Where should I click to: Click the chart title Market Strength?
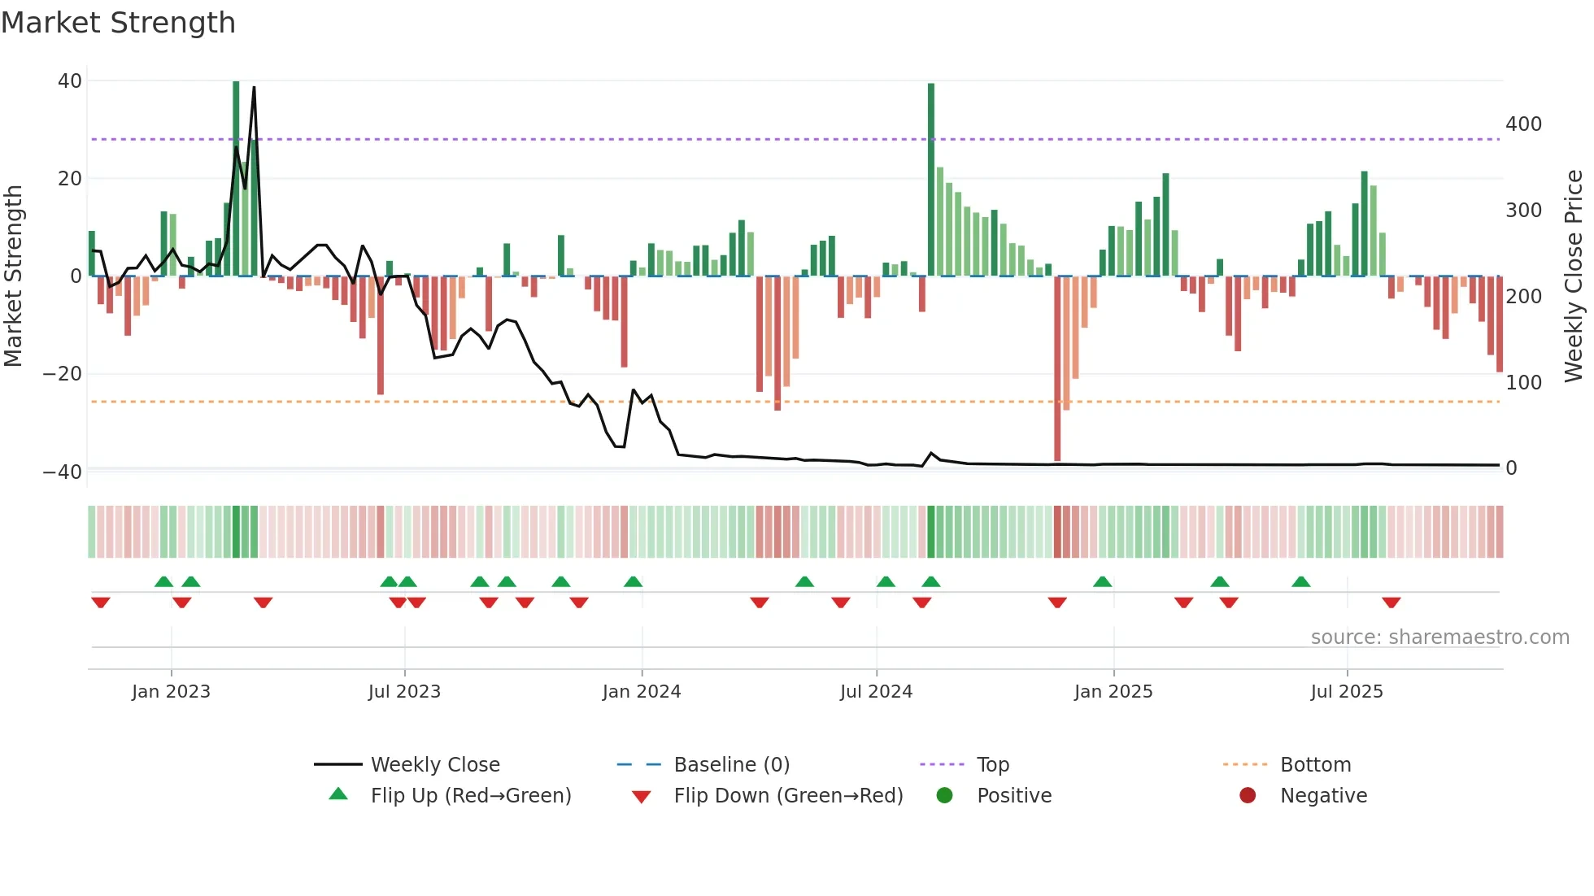118,23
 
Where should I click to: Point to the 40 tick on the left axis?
70,81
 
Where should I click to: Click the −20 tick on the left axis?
63,374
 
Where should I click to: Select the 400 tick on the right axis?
1523,124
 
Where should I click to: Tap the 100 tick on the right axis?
1523,383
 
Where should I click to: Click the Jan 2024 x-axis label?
641,692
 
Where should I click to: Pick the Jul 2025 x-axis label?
1346,692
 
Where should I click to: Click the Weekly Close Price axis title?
1574,276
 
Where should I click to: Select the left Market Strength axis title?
14,276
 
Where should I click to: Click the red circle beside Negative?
1248,795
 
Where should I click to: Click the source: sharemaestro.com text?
1439,637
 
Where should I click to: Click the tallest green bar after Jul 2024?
931,179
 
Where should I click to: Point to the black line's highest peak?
254,88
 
